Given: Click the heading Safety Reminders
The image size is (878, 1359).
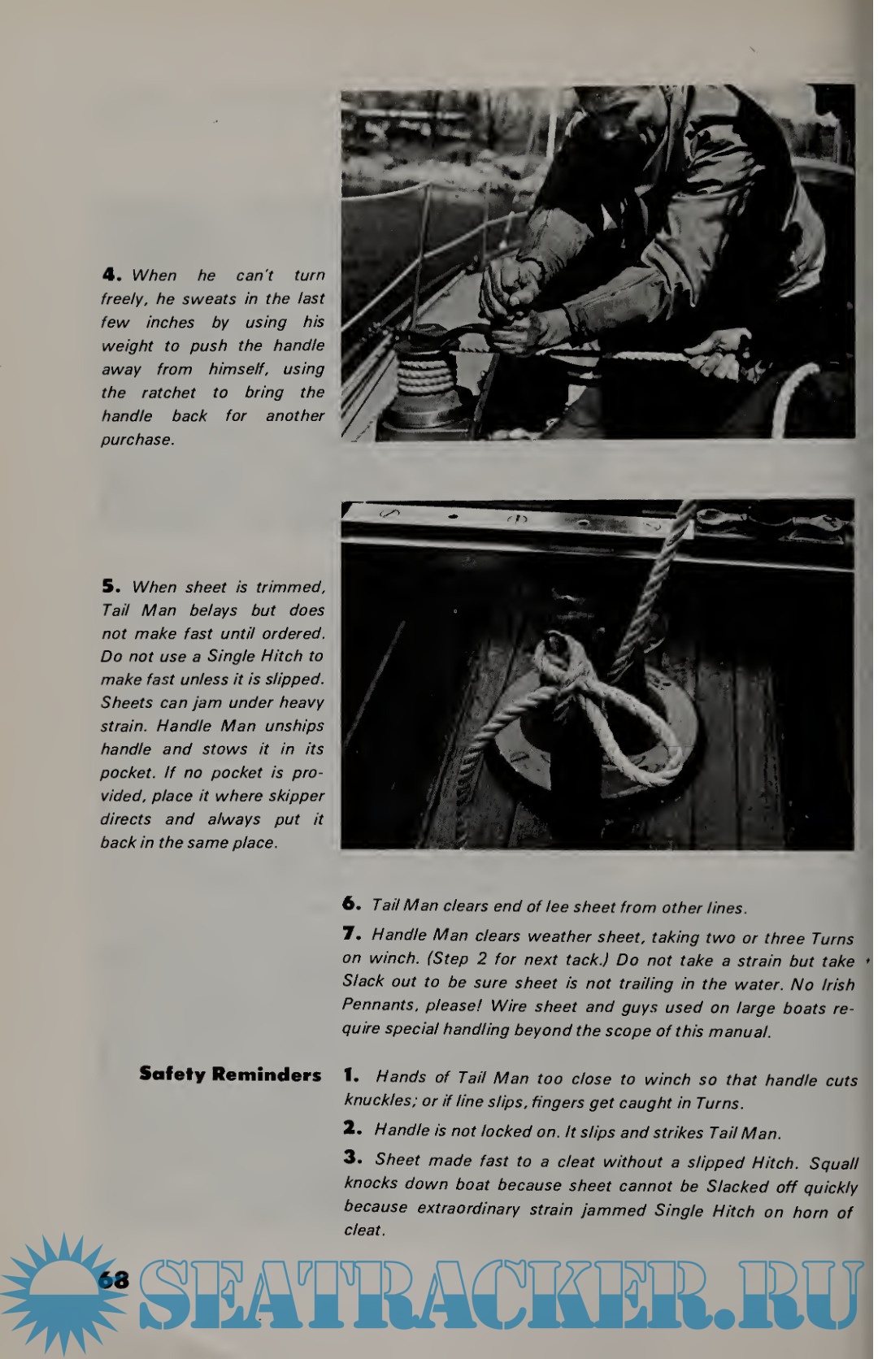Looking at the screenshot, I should coord(230,1075).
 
